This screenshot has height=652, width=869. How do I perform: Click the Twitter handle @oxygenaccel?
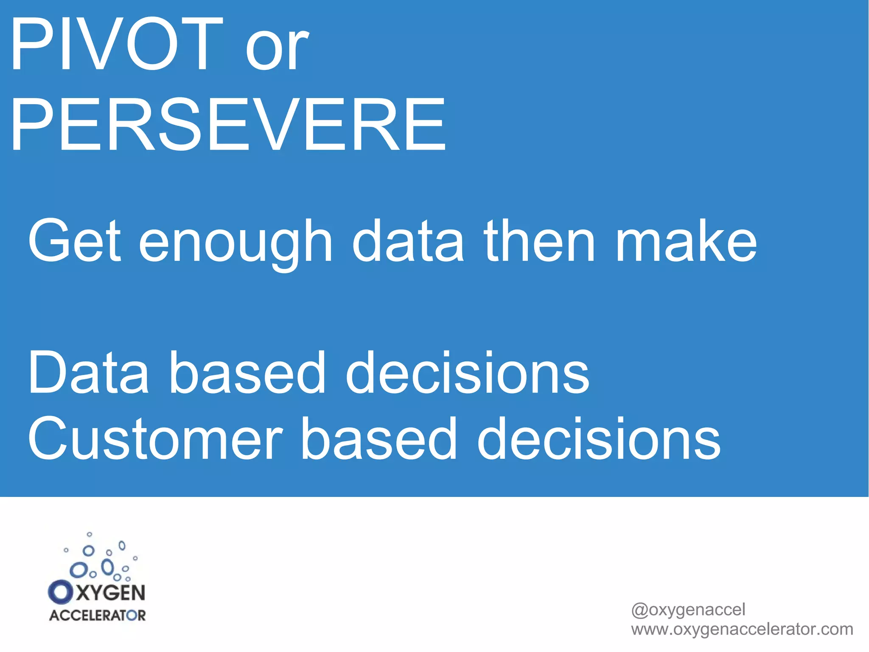pyautogui.click(x=688, y=610)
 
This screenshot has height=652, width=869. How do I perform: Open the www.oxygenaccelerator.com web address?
pyautogui.click(x=742, y=629)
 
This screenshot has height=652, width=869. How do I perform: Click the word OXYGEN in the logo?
pyautogui.click(x=97, y=592)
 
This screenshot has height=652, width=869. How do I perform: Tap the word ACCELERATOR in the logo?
pyautogui.click(x=97, y=615)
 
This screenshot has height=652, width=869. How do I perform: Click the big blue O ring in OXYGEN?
pyautogui.click(x=61, y=592)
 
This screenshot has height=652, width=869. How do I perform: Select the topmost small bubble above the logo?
pyautogui.click(x=89, y=534)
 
